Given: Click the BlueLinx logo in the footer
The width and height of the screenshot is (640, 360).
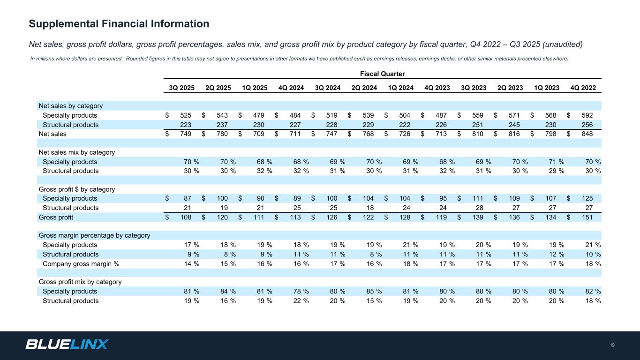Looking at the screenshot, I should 67,345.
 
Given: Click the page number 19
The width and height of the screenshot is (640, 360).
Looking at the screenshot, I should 612,345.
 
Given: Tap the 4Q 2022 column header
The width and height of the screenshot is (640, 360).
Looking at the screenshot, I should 583,88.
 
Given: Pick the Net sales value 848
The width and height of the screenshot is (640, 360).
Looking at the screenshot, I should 586,134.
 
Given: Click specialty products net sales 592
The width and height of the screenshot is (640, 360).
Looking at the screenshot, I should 586,115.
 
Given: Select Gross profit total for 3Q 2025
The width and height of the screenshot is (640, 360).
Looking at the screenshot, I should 185,217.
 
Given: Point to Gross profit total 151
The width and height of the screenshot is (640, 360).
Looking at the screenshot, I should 586,217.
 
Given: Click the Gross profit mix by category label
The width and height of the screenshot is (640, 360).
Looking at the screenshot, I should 80,282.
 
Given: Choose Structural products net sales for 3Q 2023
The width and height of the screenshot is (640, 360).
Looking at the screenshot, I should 477,125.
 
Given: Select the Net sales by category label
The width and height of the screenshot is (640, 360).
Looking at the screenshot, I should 71,106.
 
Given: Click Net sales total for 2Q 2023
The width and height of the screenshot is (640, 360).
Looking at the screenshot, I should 513,134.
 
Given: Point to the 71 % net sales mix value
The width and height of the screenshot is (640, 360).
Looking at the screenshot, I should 556,162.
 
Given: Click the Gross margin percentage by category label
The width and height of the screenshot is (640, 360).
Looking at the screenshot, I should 94,235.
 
